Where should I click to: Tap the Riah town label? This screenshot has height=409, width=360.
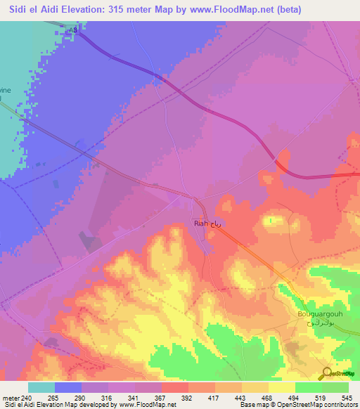[x=200, y=224]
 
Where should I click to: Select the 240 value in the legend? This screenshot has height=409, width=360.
[x=29, y=397]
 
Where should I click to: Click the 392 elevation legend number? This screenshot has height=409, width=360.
[x=188, y=397]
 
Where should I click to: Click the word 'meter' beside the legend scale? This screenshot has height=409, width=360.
[x=11, y=397]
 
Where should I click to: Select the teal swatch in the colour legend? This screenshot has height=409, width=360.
[x=41, y=387]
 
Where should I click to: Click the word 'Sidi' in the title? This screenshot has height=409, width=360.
[x=15, y=9]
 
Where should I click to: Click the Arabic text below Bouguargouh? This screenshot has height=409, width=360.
[x=319, y=326]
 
